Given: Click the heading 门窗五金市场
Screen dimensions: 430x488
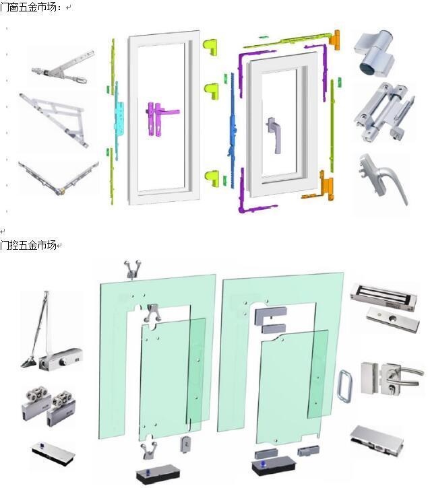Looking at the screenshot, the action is pos(28,7).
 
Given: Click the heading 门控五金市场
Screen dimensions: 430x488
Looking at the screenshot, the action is pos(28,245).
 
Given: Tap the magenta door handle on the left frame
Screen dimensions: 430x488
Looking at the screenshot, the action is pos(161,118).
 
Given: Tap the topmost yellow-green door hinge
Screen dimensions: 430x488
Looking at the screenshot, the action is pos(210,47).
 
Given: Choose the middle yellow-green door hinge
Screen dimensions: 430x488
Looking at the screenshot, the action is pos(211,91).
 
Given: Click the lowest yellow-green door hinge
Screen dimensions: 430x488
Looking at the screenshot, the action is pos(212,178).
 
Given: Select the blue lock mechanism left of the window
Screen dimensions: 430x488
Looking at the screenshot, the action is pos(233,131).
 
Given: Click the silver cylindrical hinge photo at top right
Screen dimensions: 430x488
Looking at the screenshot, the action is pos(374,53).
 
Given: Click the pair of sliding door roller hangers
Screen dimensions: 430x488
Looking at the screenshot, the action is pos(49,407).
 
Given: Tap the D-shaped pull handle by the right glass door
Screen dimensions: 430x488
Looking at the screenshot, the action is pos(345,385).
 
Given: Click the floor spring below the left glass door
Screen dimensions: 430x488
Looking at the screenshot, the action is pos(158,475).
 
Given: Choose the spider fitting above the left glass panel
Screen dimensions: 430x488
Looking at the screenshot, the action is pos(133,269).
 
